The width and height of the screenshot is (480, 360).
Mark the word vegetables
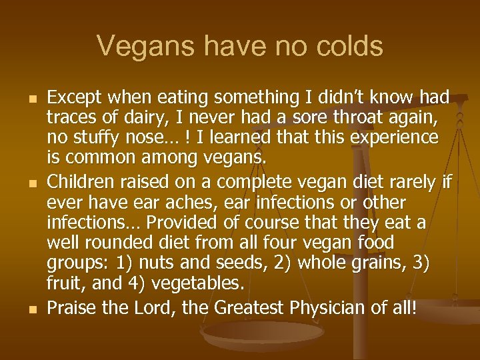(197, 283)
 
